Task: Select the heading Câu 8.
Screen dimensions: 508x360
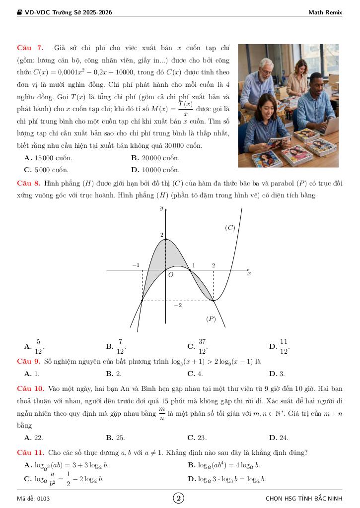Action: pos(28,183)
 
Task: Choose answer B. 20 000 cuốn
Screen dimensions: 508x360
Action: pos(155,158)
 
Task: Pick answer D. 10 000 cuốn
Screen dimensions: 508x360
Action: pos(155,170)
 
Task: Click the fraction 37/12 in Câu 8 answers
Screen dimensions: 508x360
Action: pos(202,346)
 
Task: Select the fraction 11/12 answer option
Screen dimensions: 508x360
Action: pos(284,346)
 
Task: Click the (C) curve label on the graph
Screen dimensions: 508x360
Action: pos(230,228)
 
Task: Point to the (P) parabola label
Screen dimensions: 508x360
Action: pos(211,318)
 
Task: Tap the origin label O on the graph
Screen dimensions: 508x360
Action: pos(170,274)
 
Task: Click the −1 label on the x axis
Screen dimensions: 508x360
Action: pos(136,265)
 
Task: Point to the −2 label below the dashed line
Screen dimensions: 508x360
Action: pos(177,306)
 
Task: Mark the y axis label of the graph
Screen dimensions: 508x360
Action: pos(161,209)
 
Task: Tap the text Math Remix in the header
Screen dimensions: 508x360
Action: pos(325,12)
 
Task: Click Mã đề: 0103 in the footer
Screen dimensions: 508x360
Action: pos(33,498)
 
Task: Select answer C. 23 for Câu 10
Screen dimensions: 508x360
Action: pos(197,438)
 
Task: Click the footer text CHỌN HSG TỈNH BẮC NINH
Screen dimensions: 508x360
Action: pos(304,498)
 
